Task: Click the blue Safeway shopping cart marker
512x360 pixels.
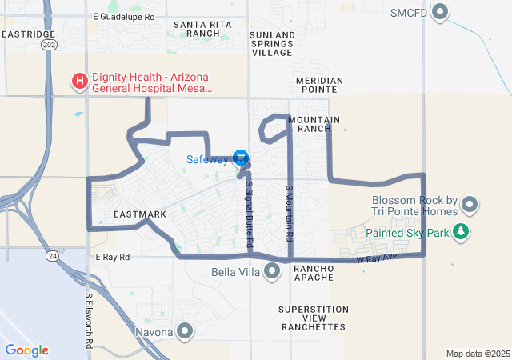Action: click(x=241, y=157)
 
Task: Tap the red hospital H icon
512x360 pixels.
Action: click(x=80, y=81)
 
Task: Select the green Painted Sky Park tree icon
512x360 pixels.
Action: click(x=460, y=233)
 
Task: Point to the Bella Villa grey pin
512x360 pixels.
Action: click(x=272, y=272)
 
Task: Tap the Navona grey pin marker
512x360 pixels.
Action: click(x=186, y=331)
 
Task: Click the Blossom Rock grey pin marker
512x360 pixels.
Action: click(x=470, y=206)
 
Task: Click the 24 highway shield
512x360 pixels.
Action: click(x=52, y=256)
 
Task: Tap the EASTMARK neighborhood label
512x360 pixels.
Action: click(x=139, y=214)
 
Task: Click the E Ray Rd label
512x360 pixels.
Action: click(x=112, y=258)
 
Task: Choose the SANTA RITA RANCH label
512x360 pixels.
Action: click(x=202, y=30)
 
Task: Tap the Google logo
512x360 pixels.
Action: click(x=26, y=350)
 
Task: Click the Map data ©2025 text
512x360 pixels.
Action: click(x=476, y=354)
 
